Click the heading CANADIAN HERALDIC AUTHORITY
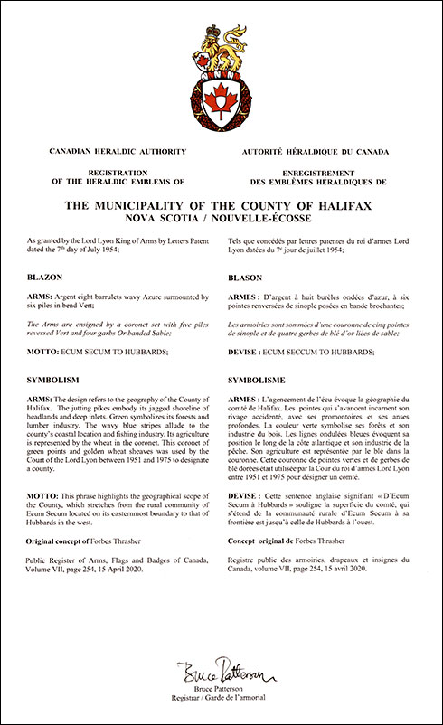tap(135, 151)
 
